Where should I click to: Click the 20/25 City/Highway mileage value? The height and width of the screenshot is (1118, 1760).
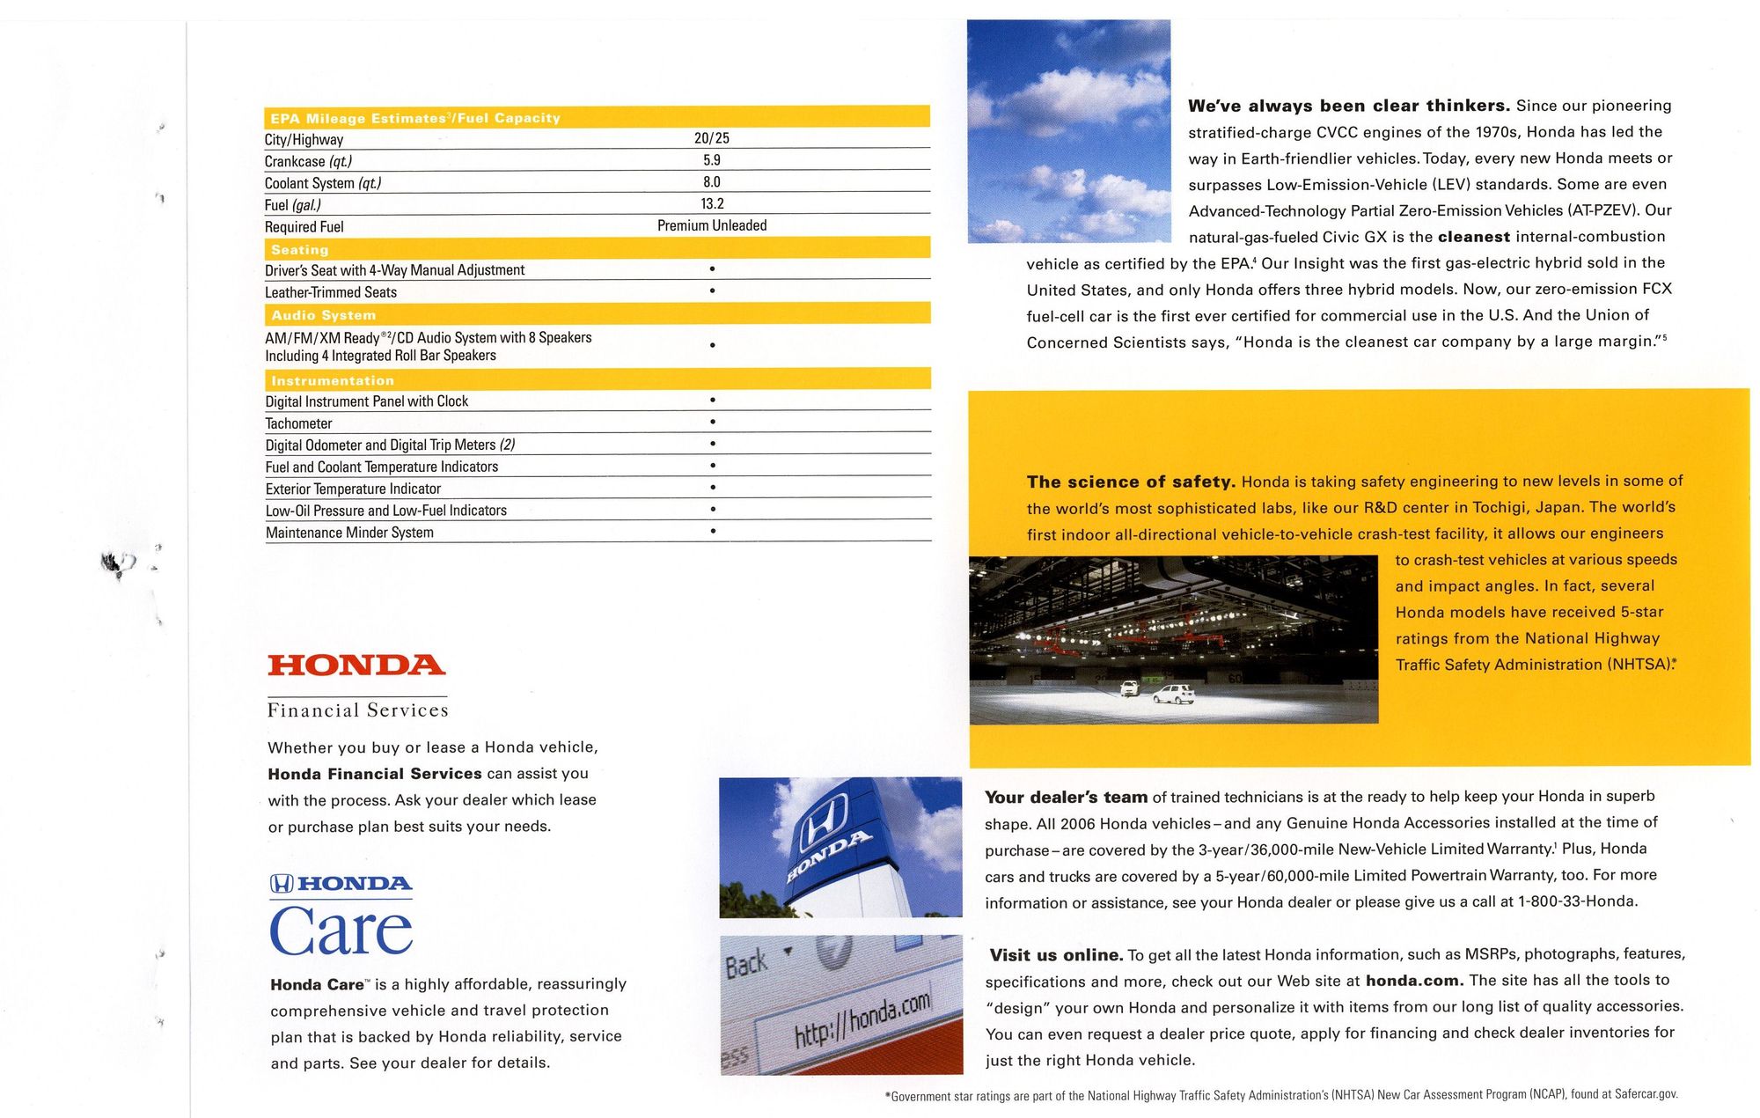(711, 138)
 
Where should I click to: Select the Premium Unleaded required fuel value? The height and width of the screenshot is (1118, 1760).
(711, 225)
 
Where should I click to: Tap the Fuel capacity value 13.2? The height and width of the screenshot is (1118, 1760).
(712, 203)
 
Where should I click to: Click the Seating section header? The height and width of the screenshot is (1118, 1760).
(299, 249)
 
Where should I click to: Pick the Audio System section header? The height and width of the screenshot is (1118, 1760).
(323, 314)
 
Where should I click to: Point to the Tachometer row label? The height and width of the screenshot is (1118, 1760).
(298, 423)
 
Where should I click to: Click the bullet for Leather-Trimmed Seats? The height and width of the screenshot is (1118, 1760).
(712, 291)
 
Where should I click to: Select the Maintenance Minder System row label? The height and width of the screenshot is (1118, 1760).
(349, 533)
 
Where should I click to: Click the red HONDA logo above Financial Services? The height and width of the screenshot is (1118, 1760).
(356, 665)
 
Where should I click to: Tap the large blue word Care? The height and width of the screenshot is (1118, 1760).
(341, 931)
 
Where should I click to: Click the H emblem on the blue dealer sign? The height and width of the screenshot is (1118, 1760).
(823, 820)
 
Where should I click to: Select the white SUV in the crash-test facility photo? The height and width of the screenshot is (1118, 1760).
(1174, 694)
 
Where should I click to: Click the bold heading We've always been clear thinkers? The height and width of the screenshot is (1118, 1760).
(1348, 106)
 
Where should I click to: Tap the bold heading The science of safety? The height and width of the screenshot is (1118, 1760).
(1131, 482)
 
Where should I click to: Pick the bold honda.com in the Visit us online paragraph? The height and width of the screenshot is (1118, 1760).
(1414, 981)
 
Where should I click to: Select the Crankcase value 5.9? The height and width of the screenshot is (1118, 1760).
(711, 160)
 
